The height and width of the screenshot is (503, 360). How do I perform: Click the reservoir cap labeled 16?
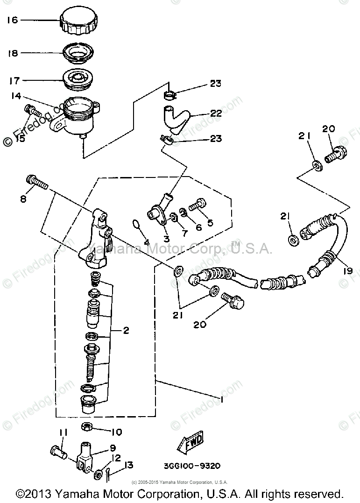[x=78, y=22]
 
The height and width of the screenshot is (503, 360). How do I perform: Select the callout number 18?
[x=13, y=53]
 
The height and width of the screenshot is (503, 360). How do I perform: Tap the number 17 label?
[x=13, y=81]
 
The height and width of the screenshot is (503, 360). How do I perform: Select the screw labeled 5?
[x=198, y=205]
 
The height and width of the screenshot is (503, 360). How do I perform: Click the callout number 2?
[x=126, y=331]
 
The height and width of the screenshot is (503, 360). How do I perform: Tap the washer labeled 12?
[x=99, y=474]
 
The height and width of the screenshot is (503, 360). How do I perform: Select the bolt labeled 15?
[x=32, y=111]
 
